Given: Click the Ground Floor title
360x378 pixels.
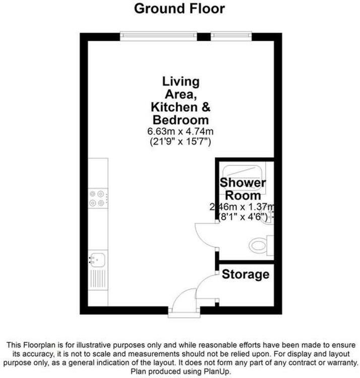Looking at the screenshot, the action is pos(179,9).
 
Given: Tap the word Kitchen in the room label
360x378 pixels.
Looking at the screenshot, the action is pos(174,107).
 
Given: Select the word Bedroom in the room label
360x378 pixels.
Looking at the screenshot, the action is pos(181,120).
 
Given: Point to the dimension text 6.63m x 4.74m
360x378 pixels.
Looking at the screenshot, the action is pos(181,132).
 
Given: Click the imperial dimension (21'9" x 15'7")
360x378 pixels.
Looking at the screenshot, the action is pos(181,141).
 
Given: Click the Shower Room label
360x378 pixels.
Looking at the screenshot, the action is pos(243,189).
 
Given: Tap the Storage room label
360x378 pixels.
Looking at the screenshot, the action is pos(246,274).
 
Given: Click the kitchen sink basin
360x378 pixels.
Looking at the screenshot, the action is pos(97,260).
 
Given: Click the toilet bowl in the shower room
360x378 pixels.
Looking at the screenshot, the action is pos(258,245).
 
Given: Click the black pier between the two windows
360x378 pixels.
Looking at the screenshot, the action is pos(204,37).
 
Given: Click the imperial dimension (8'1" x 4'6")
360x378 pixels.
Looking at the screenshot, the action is pos(243,217).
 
